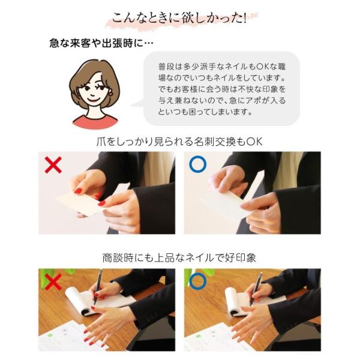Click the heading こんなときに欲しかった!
pos(179,18)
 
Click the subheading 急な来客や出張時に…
pos(101,43)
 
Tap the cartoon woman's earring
pos(112,92)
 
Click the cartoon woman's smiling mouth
pos(94,100)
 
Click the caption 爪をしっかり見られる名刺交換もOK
pos(179,142)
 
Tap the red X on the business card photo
pos(53,165)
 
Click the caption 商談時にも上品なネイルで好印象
pos(179,258)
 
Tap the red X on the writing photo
pos(53,282)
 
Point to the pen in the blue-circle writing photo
pos(256,288)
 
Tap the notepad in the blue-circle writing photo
pos(250,301)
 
